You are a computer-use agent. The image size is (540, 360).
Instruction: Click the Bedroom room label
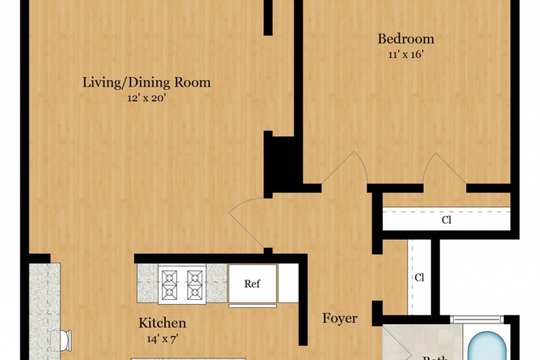pyautogui.click(x=406, y=39)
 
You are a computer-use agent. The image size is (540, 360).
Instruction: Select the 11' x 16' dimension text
pyautogui.click(x=406, y=55)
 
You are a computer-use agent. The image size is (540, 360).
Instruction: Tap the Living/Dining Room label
pyautogui.click(x=146, y=82)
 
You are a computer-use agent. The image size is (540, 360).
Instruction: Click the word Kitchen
pyautogui.click(x=163, y=323)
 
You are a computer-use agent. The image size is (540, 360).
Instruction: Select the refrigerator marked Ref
pyautogui.click(x=252, y=284)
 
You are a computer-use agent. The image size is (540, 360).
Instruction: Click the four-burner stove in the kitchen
pyautogui.click(x=182, y=284)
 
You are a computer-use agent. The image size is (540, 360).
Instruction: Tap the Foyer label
pyautogui.click(x=339, y=318)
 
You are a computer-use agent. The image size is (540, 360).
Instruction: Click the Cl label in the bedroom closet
pyautogui.click(x=446, y=220)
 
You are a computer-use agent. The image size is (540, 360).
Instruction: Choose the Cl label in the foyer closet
pyautogui.click(x=420, y=278)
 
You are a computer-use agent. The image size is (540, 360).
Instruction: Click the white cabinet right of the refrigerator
pyautogui.click(x=288, y=284)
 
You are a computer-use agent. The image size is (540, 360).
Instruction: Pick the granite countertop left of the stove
pyautogui.click(x=147, y=284)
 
